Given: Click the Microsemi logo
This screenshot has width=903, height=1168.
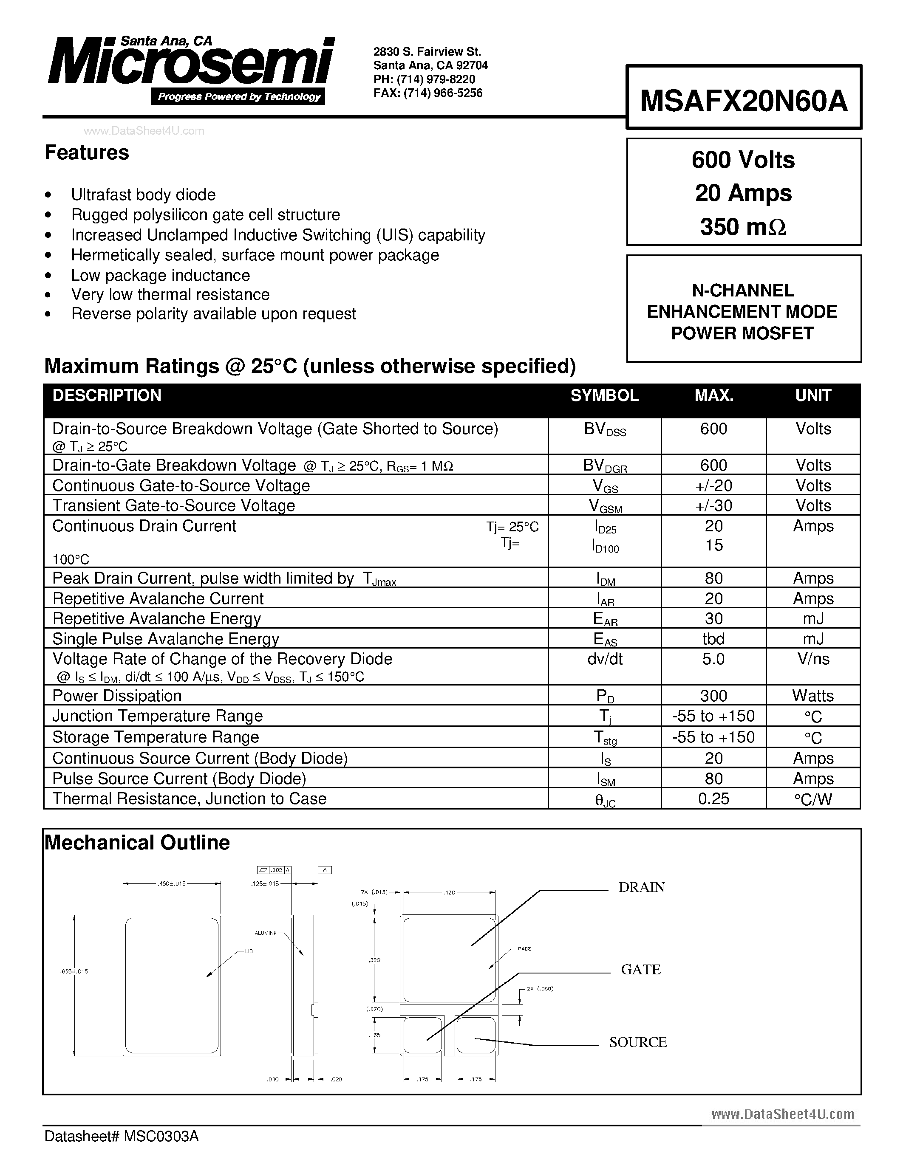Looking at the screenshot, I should (x=190, y=67).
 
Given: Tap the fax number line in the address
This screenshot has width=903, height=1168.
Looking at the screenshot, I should (x=427, y=93).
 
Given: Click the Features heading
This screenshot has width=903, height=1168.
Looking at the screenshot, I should (x=87, y=153).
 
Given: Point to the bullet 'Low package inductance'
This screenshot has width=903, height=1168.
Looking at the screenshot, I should (x=161, y=275).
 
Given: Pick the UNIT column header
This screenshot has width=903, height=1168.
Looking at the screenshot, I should (x=812, y=396).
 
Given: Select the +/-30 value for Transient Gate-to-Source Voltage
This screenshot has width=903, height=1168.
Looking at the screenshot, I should (x=713, y=505).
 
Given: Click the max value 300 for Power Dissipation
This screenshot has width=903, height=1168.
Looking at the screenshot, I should (x=713, y=696).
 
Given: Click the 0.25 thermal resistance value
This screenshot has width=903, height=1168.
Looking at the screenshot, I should (x=713, y=798).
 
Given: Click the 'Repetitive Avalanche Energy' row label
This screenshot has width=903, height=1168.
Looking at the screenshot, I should (x=157, y=619).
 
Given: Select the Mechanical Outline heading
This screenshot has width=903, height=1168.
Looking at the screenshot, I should (x=138, y=843).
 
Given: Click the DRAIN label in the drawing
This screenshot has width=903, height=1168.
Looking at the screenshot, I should (x=641, y=887).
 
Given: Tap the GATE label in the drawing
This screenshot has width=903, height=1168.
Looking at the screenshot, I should (x=641, y=970).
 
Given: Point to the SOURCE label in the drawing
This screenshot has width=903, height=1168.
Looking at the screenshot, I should (x=638, y=1042).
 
